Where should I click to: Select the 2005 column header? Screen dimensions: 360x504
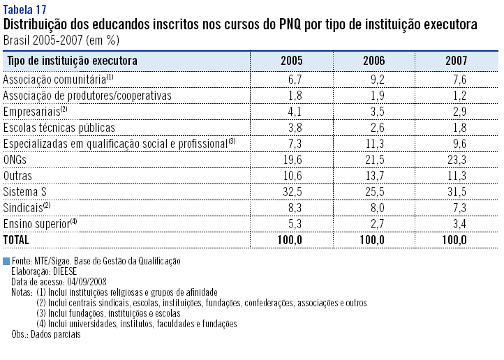pos(291,61)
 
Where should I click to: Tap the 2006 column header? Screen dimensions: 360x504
pos(373,61)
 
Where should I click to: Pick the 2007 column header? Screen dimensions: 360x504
pos(456,61)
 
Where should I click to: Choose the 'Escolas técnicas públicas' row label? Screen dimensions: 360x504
pos(59,127)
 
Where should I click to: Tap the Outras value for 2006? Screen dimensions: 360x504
pos(373,175)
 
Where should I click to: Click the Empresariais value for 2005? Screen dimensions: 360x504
pos(294,111)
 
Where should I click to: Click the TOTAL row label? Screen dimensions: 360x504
pos(17,239)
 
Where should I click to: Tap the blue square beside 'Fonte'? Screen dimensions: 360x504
pos(6,260)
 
